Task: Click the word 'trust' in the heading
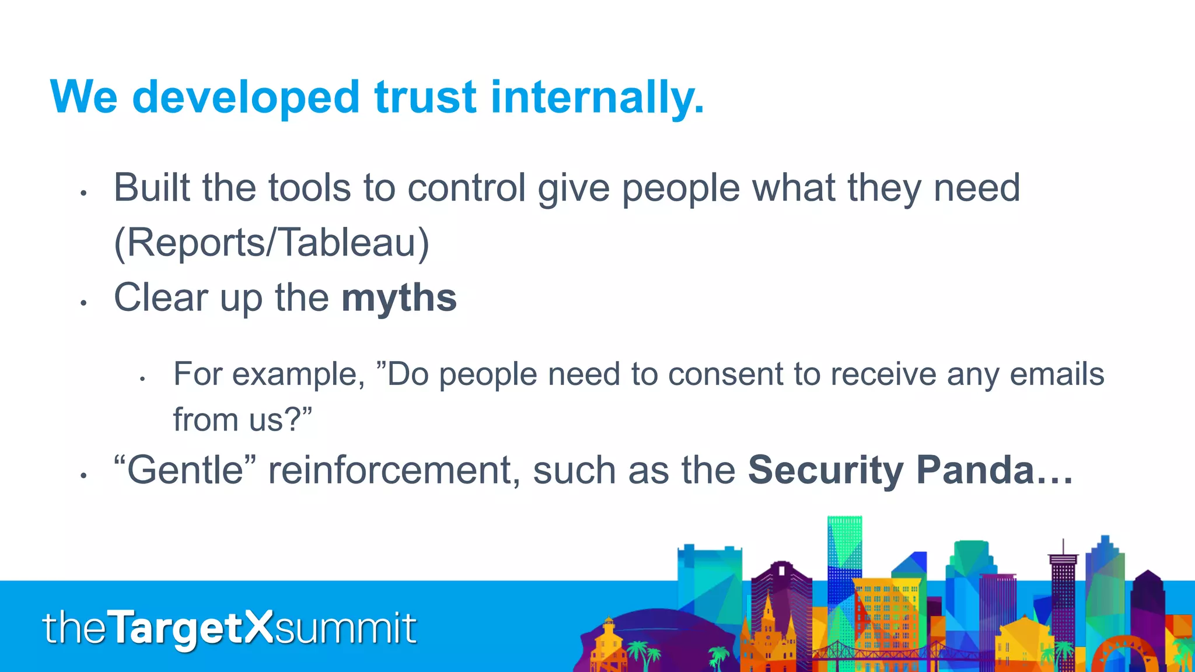coord(425,97)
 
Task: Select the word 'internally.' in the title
coord(597,97)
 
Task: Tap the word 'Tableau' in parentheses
coord(347,242)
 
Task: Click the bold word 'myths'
coord(399,298)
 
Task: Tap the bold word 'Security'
coord(825,470)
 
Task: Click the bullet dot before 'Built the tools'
coord(84,193)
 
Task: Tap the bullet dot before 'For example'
coord(142,379)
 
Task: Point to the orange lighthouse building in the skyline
coord(609,642)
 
